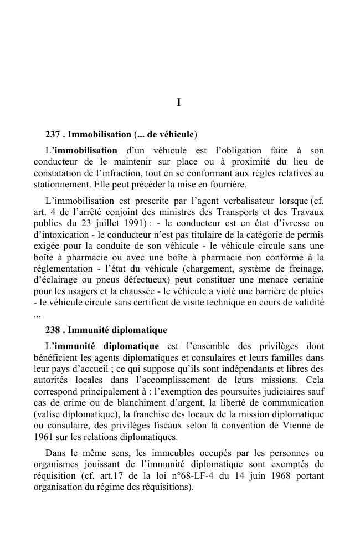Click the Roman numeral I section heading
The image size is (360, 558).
click(x=179, y=103)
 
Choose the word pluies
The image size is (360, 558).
click(x=311, y=291)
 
